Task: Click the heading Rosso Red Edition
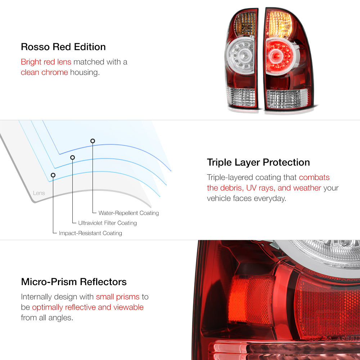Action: pos(63,47)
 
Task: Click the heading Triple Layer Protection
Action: pos(258,162)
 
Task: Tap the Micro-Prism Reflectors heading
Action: pos(74,282)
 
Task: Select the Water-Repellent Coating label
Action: pos(129,213)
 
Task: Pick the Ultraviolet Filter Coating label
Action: pos(107,223)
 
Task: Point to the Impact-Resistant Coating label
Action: pos(90,233)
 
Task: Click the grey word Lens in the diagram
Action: pos(39,193)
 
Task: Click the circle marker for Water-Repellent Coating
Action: pos(93,141)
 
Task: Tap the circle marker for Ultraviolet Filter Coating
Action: pos(73,158)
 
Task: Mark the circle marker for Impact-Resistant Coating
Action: pos(53,175)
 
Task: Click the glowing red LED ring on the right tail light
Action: pos(280,56)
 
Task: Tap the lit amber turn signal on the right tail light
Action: pos(279,24)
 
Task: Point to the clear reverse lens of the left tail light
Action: pos(241,97)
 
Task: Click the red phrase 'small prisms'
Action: pos(118,297)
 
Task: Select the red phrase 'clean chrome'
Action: pos(44,72)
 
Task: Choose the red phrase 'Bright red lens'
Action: pos(46,62)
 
